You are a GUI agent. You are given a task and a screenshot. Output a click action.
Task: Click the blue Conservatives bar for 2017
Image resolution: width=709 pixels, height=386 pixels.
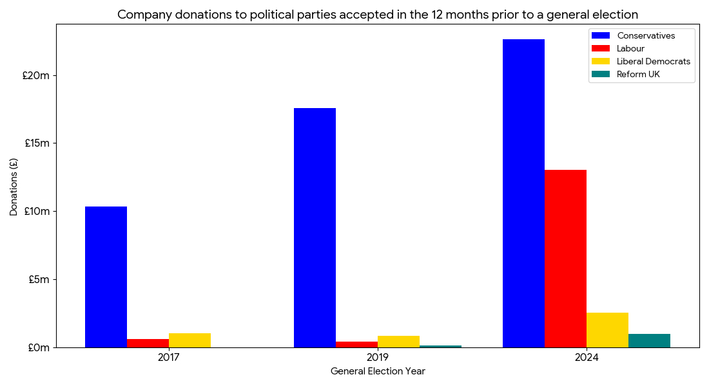coord(106,277)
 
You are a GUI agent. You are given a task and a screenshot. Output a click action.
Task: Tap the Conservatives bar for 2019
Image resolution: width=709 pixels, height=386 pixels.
coord(315,228)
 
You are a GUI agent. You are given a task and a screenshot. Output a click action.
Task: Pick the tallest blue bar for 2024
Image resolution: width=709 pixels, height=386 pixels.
coord(523,193)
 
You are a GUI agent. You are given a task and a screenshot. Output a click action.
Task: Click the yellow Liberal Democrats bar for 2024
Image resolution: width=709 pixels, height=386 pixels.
coord(607,330)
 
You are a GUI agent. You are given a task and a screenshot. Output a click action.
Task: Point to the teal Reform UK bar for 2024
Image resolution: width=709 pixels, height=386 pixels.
coord(649,340)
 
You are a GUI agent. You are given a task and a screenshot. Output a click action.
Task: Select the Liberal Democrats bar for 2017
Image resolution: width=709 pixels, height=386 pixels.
coord(189,340)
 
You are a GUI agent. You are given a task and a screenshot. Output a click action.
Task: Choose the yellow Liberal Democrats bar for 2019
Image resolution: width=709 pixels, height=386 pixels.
coord(398,342)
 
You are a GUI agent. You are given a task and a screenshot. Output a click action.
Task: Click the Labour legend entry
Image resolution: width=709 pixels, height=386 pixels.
coord(630,48)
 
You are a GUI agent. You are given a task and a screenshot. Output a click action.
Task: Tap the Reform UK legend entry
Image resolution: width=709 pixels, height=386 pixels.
coord(638,75)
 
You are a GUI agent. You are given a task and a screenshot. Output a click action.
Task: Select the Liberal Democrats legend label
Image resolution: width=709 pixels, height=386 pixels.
coord(653,61)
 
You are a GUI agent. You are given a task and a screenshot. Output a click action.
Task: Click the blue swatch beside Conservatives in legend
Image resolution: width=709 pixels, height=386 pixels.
coord(600,35)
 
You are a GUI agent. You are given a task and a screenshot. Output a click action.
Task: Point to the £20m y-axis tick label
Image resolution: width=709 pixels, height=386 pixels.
coord(35,75)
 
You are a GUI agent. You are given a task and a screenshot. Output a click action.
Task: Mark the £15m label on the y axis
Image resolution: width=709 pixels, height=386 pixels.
coord(37,143)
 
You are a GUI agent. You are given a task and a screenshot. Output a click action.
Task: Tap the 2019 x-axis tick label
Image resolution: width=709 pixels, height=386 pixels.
coord(378,357)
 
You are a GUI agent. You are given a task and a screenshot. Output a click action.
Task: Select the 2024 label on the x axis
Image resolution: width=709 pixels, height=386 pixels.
coord(587,357)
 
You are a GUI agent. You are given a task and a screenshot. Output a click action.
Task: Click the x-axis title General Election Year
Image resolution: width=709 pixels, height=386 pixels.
coord(378,371)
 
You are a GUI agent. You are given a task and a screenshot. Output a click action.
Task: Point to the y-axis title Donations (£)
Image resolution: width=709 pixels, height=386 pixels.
coord(14,186)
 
